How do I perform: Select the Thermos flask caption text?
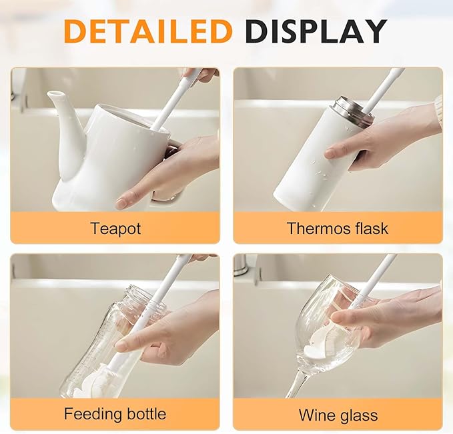(x=337, y=228)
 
